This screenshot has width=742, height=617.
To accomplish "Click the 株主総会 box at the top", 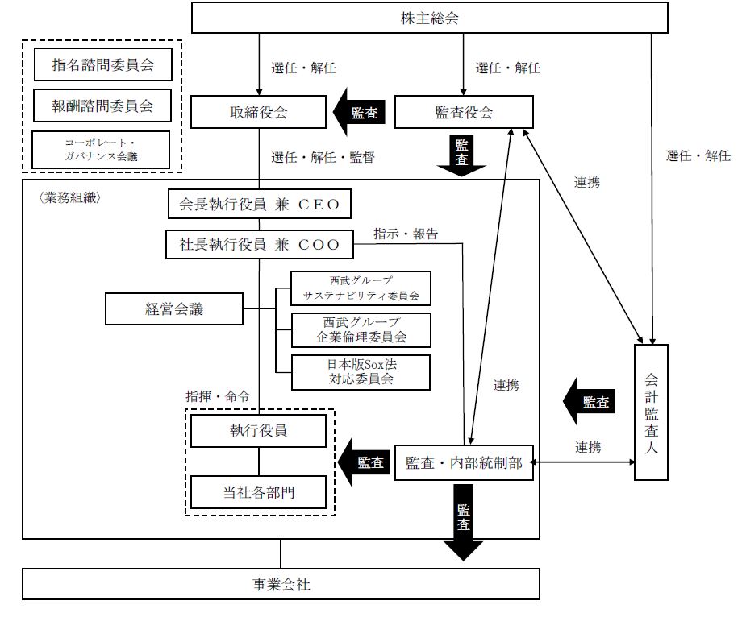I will tap(430, 19).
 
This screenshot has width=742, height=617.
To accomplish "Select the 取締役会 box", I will tap(258, 113).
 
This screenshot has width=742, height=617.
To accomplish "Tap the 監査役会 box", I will tap(464, 113).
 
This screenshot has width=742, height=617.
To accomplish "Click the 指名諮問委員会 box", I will tap(102, 64).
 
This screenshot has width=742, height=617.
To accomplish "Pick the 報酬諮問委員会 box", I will tap(102, 104).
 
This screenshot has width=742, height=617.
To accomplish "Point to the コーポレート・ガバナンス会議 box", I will tap(102, 149).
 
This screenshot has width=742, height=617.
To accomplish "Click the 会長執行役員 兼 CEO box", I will tap(259, 205).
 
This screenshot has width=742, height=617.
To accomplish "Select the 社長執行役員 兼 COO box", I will tap(259, 244).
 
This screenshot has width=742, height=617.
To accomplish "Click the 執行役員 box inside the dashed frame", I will tap(259, 431).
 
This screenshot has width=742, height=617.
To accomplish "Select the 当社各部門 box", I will tap(259, 491).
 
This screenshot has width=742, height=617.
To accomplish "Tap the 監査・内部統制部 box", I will tap(464, 463).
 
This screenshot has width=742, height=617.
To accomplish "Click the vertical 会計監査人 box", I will tap(652, 412).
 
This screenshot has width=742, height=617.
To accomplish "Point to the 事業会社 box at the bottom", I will tap(280, 585).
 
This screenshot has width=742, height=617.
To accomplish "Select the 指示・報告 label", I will tap(406, 234).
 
